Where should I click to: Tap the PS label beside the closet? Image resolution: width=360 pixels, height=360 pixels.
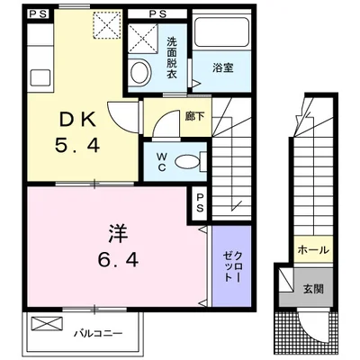click(x=199, y=203)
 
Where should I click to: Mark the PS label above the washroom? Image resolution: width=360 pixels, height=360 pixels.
click(x=157, y=14)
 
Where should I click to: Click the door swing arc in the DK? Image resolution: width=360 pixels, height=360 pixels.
click(x=121, y=115)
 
